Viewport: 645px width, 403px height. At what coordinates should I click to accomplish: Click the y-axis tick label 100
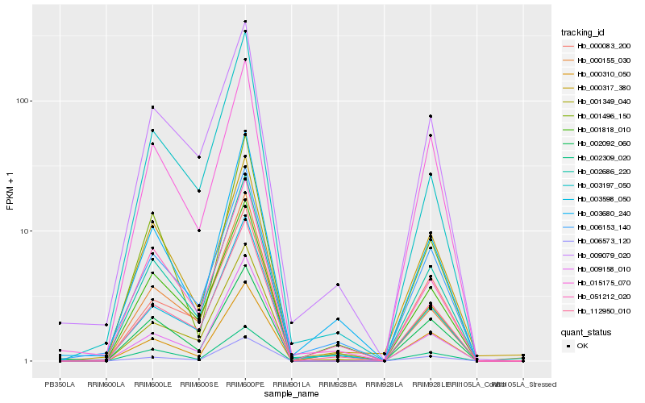pyautogui.click(x=23, y=101)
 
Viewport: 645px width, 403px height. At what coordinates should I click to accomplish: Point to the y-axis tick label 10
pyautogui.click(x=25, y=231)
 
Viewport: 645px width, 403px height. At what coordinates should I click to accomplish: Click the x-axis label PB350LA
pyautogui.click(x=59, y=383)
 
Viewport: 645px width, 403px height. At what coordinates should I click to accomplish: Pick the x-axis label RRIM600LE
pyautogui.click(x=152, y=383)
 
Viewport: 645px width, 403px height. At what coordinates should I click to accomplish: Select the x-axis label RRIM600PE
pyautogui.click(x=245, y=383)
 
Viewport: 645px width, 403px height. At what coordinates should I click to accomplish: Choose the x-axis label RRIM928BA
pyautogui.click(x=338, y=383)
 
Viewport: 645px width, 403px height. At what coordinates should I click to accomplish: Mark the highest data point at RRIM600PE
pyautogui.click(x=245, y=22)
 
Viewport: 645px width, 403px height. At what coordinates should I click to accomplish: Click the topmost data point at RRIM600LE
pyautogui.click(x=152, y=107)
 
